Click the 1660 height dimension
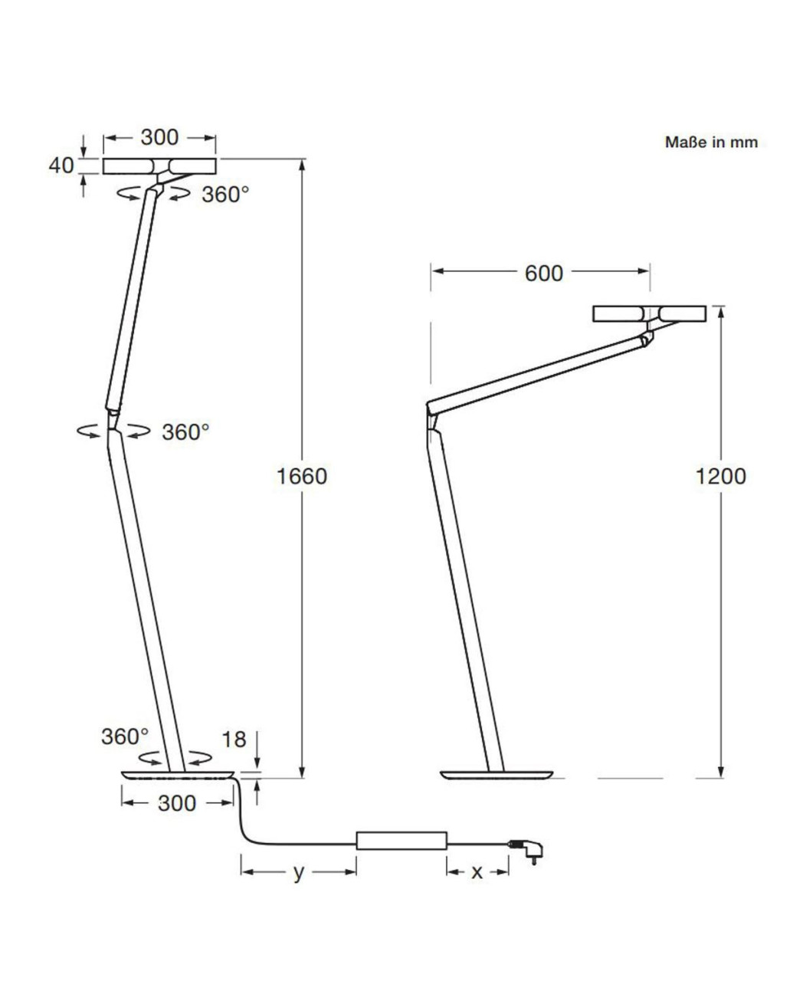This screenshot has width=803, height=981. point(302,476)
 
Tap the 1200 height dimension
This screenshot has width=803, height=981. point(720,476)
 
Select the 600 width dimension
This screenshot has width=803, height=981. point(543,273)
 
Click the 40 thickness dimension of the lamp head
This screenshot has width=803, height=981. point(61,165)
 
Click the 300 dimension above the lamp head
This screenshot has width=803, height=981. point(159,137)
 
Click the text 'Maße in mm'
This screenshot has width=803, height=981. point(711,143)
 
